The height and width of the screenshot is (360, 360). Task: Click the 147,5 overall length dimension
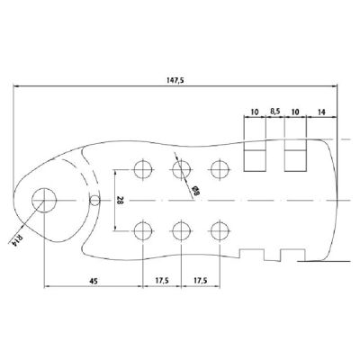(x=175, y=81)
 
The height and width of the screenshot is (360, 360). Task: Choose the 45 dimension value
(x=93, y=280)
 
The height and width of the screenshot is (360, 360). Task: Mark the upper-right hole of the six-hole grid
(x=219, y=168)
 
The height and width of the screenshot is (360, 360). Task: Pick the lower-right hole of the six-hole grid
(x=219, y=230)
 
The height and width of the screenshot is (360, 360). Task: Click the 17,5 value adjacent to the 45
(x=162, y=280)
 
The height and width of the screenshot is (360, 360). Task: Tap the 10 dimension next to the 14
(x=296, y=112)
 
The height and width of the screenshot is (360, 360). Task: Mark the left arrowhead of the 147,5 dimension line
(x=18, y=87)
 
